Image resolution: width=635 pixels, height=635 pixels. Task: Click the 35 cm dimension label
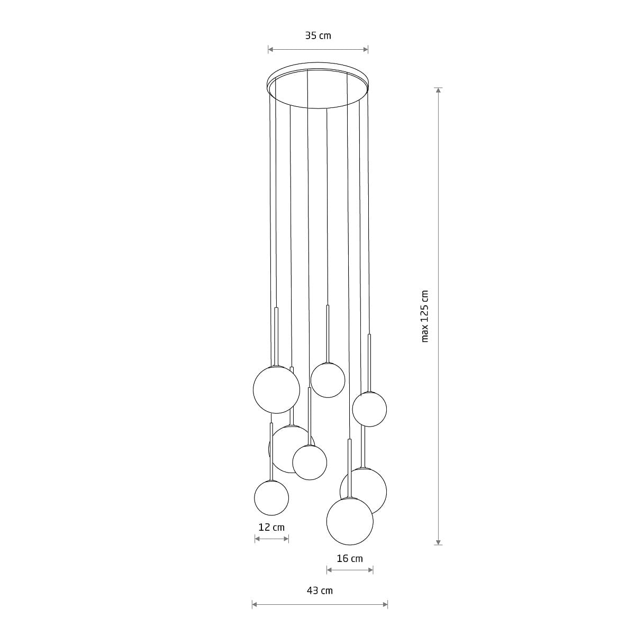318,35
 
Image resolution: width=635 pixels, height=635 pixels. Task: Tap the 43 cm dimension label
320,591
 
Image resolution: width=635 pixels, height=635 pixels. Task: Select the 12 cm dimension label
271,527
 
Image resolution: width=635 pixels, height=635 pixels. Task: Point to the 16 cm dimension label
350,559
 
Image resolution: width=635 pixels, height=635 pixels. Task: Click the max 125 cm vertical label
425,316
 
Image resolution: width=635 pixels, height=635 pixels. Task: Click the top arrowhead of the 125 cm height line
438,90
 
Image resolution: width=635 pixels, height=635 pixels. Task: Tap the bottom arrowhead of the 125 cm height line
438,542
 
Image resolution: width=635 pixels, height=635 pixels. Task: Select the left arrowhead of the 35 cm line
270,49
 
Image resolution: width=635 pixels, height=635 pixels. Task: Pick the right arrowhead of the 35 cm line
366,49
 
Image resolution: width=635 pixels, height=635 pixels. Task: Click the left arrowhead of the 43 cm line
255,604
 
